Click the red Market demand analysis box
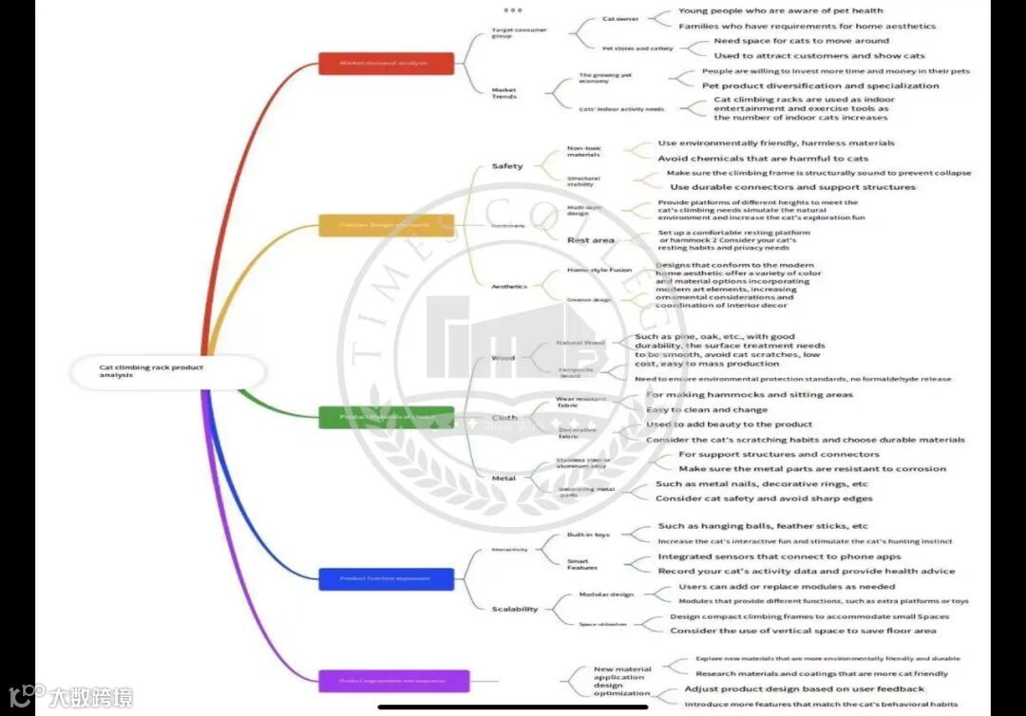click(x=386, y=64)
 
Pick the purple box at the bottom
click(x=393, y=681)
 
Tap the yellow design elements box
click(x=386, y=225)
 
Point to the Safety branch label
click(x=506, y=166)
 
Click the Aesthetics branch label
click(x=509, y=286)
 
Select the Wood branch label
click(x=503, y=358)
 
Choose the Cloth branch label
click(x=504, y=418)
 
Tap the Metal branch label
click(x=503, y=478)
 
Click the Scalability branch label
click(x=515, y=609)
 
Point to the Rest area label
click(x=591, y=240)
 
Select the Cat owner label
click(x=620, y=19)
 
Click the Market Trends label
click(x=504, y=93)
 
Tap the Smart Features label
click(x=582, y=564)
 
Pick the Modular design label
click(x=606, y=594)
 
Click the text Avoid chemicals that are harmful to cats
click(x=763, y=159)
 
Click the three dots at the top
click(x=513, y=9)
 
